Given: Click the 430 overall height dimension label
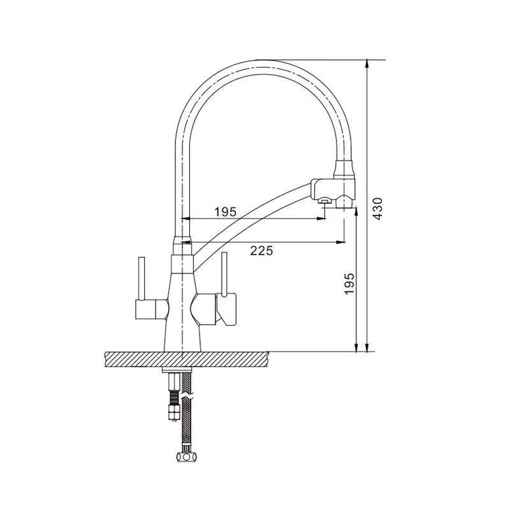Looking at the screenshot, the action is [x=377, y=209].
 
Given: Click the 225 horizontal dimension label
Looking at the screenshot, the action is [x=261, y=251].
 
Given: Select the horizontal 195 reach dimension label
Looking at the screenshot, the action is [x=226, y=212].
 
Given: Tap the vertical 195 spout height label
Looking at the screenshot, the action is [x=349, y=284].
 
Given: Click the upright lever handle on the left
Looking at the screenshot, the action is [x=142, y=279].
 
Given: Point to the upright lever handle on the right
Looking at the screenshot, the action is [x=224, y=274].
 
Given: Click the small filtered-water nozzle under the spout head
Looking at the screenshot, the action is [x=324, y=201].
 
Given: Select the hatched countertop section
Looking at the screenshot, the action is [x=187, y=360].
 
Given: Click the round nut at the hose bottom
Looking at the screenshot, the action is [x=186, y=456].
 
